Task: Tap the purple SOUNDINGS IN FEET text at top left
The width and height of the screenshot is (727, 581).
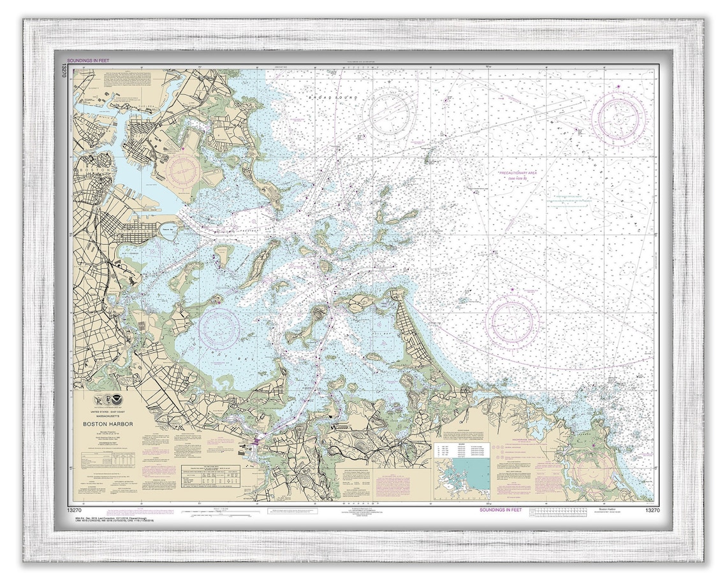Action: [x=91, y=61]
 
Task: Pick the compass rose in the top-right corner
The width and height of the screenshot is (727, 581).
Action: [x=618, y=118]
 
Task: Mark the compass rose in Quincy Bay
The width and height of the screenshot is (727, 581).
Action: [x=219, y=328]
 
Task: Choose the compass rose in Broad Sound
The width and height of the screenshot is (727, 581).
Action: [x=387, y=114]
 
